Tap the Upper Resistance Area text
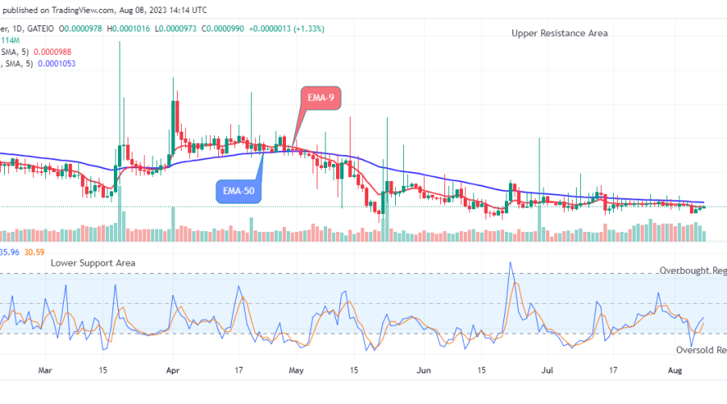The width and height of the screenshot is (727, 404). tap(559, 33)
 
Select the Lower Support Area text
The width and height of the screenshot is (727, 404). tap(93, 263)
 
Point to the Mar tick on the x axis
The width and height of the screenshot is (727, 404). tap(45, 370)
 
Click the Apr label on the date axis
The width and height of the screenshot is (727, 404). tap(172, 370)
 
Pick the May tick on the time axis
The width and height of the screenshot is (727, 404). tap(296, 370)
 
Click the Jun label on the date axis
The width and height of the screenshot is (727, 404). tap(422, 370)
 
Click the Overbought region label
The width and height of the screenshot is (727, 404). tap(691, 271)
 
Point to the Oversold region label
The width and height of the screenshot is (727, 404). tap(700, 350)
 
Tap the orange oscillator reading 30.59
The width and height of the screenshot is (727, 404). tap(34, 252)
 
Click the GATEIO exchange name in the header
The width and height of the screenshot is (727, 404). tap(41, 28)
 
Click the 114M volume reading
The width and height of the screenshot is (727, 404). tap(12, 40)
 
